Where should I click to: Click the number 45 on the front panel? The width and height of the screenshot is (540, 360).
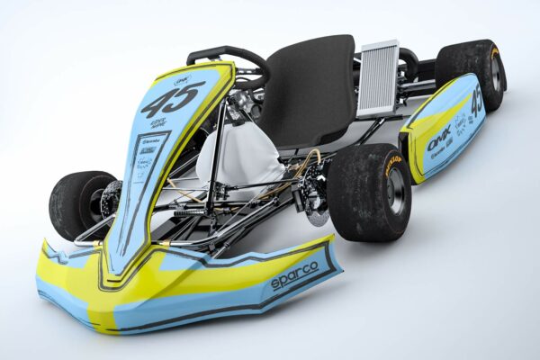point(172,97)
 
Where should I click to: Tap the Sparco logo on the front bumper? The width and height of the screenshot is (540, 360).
point(294,272)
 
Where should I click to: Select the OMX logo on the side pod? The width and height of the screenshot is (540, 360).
point(439,140)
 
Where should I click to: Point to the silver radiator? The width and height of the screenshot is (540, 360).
point(378,78)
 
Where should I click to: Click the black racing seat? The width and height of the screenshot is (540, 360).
point(310,90)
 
